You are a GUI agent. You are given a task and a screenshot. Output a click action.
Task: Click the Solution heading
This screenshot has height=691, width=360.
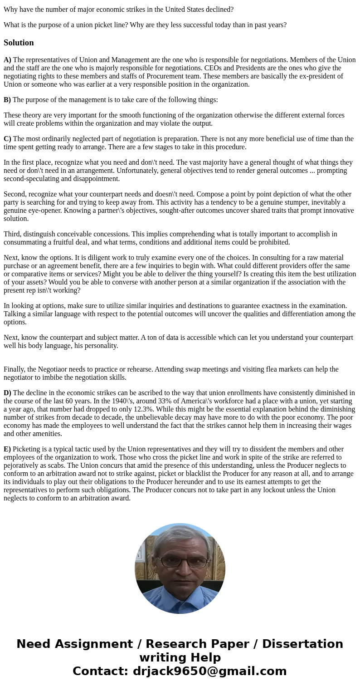coord(19,43)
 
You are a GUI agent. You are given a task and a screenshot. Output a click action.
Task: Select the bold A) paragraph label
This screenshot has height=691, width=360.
coord(7,60)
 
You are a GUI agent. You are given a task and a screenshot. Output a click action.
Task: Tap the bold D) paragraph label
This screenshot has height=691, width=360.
coord(7,393)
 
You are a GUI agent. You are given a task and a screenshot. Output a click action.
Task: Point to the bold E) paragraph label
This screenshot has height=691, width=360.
coord(7,449)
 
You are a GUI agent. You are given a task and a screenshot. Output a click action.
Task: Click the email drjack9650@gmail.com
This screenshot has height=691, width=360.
coord(209,671)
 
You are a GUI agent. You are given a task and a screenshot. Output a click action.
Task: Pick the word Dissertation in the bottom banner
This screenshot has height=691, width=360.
coord(302,644)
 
